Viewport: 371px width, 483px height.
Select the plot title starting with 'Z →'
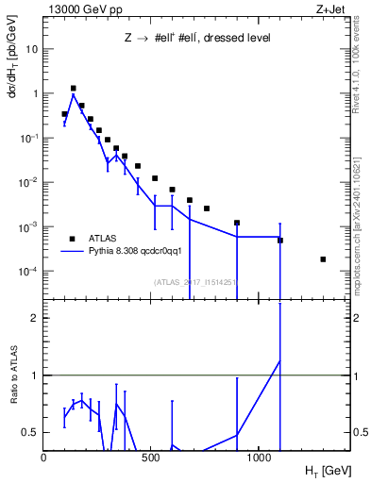(198, 38)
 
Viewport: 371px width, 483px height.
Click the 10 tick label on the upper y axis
(31, 48)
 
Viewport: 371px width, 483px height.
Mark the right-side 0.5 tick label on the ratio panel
(359, 432)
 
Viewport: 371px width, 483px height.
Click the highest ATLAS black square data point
(73, 89)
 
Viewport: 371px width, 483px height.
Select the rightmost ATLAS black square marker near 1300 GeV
(323, 259)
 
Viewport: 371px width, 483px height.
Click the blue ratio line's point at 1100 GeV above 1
(279, 360)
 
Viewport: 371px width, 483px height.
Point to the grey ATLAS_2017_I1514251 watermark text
(195, 281)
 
